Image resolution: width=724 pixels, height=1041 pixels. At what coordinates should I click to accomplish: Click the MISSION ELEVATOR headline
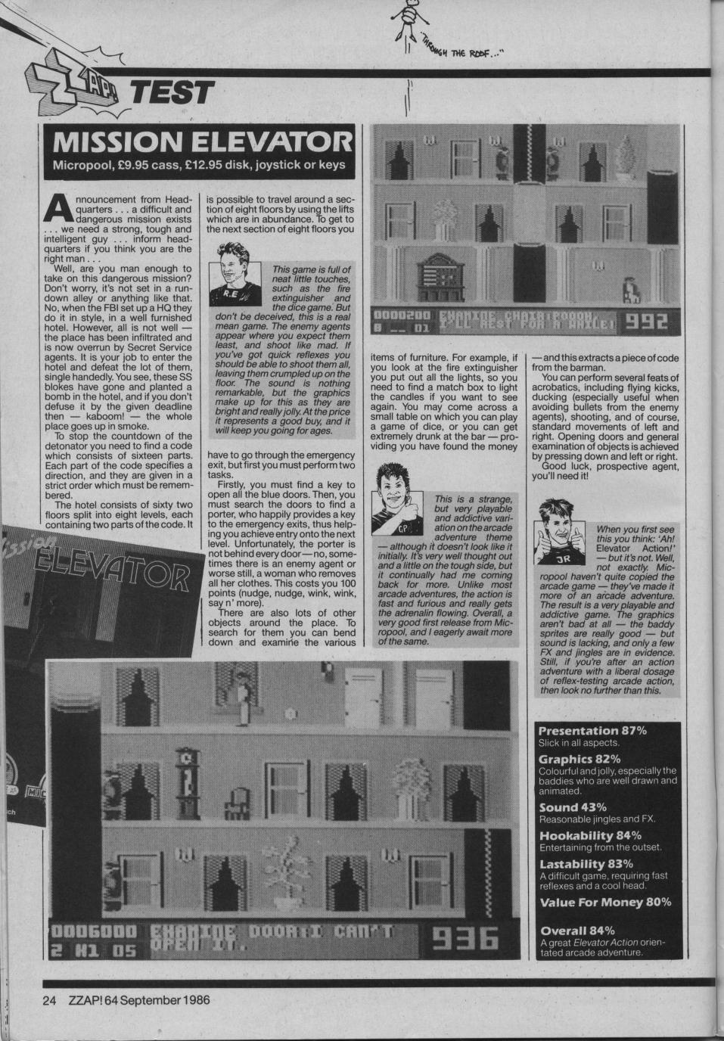coord(198,142)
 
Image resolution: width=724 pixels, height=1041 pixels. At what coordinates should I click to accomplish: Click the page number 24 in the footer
coord(49,999)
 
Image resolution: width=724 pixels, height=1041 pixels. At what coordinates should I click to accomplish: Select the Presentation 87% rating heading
coord(592,731)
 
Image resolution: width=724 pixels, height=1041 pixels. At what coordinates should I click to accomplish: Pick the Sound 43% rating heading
coord(573,808)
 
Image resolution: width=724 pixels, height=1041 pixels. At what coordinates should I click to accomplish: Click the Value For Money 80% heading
coord(605,902)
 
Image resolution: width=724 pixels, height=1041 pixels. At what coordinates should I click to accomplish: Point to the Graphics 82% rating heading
coord(579,759)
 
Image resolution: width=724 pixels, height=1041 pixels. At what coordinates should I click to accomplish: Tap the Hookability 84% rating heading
coord(590,835)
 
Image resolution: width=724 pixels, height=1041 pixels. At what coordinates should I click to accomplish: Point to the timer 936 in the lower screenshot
coord(465,939)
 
